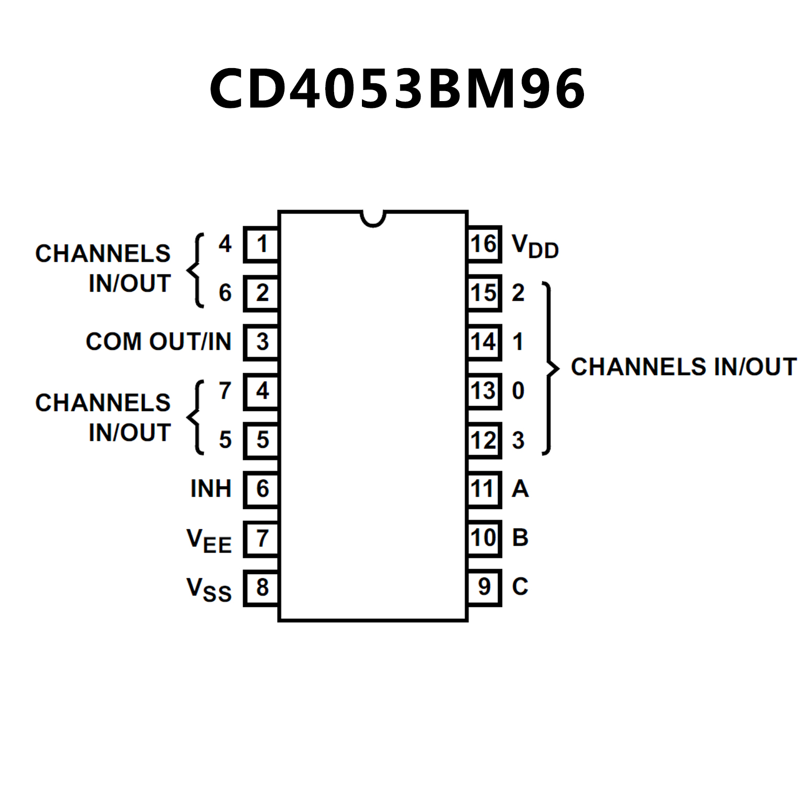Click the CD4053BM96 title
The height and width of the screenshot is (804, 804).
[x=397, y=89]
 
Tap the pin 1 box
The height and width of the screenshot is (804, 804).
[x=261, y=244]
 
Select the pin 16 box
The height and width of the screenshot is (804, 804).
[x=483, y=244]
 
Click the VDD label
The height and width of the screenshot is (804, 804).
[x=535, y=246]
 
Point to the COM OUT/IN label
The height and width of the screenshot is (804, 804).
[x=158, y=342]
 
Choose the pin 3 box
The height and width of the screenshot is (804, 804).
[x=261, y=342]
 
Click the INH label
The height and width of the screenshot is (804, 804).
[x=211, y=489]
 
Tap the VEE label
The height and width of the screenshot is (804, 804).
[x=208, y=540]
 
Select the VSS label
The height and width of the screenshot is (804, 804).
[x=208, y=589]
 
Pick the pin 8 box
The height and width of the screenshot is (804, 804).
[x=261, y=588]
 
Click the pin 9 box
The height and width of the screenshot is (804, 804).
[x=484, y=587]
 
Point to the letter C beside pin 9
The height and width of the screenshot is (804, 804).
[x=520, y=587]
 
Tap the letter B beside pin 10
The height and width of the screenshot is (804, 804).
[x=520, y=538]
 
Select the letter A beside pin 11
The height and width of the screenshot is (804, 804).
[x=520, y=489]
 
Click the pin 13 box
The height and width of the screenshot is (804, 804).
[x=483, y=391]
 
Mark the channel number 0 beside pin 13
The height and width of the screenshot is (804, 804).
[x=518, y=391]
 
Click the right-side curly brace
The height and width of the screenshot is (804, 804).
[x=550, y=368]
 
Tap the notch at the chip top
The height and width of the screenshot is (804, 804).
[x=373, y=218]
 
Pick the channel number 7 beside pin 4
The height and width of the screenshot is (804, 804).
[x=225, y=391]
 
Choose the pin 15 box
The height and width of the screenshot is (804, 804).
[x=483, y=293]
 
